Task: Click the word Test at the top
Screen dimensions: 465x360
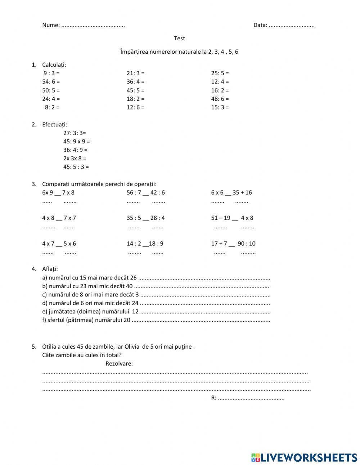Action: pos(179,38)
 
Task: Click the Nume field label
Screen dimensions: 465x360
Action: pos(51,25)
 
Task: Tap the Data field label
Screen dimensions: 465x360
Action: pos(260,25)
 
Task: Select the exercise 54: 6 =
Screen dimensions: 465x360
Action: pos(51,82)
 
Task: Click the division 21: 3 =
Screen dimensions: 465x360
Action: pos(135,73)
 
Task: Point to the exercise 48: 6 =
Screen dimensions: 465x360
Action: pos(220,99)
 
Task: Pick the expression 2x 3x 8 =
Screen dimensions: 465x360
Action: pos(75,158)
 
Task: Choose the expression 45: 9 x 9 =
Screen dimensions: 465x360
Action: pos(77,142)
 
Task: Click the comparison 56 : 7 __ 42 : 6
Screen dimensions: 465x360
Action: pos(146,192)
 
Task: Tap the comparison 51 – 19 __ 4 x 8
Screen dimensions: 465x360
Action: pos(232,218)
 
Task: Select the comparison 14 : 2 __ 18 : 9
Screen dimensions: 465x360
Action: pos(145,243)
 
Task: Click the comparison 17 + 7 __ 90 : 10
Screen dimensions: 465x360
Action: pos(233,243)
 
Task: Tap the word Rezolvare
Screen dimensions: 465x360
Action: pos(119,363)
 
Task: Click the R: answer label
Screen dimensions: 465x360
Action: pos(214,398)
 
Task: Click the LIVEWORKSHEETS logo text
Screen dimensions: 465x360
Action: pos(309,457)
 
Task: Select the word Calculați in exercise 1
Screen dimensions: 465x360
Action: pos(54,65)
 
